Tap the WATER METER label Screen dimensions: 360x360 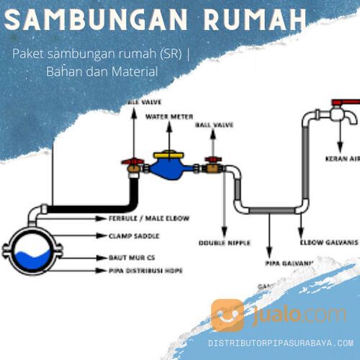170,115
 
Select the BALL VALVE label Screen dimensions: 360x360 214,125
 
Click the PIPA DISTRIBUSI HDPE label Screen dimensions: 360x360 140,271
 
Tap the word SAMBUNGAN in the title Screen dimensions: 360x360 94,19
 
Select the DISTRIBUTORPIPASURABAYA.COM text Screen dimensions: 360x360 281,343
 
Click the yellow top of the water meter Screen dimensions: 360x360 171,153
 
